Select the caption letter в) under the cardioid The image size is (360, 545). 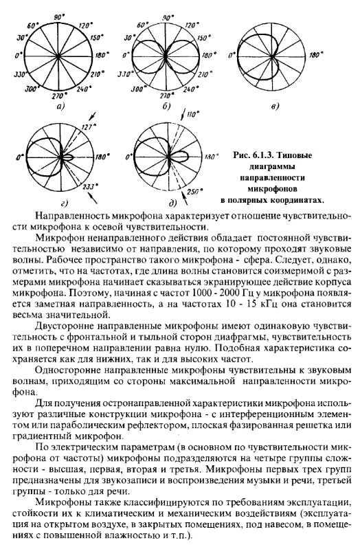tap(275, 107)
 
